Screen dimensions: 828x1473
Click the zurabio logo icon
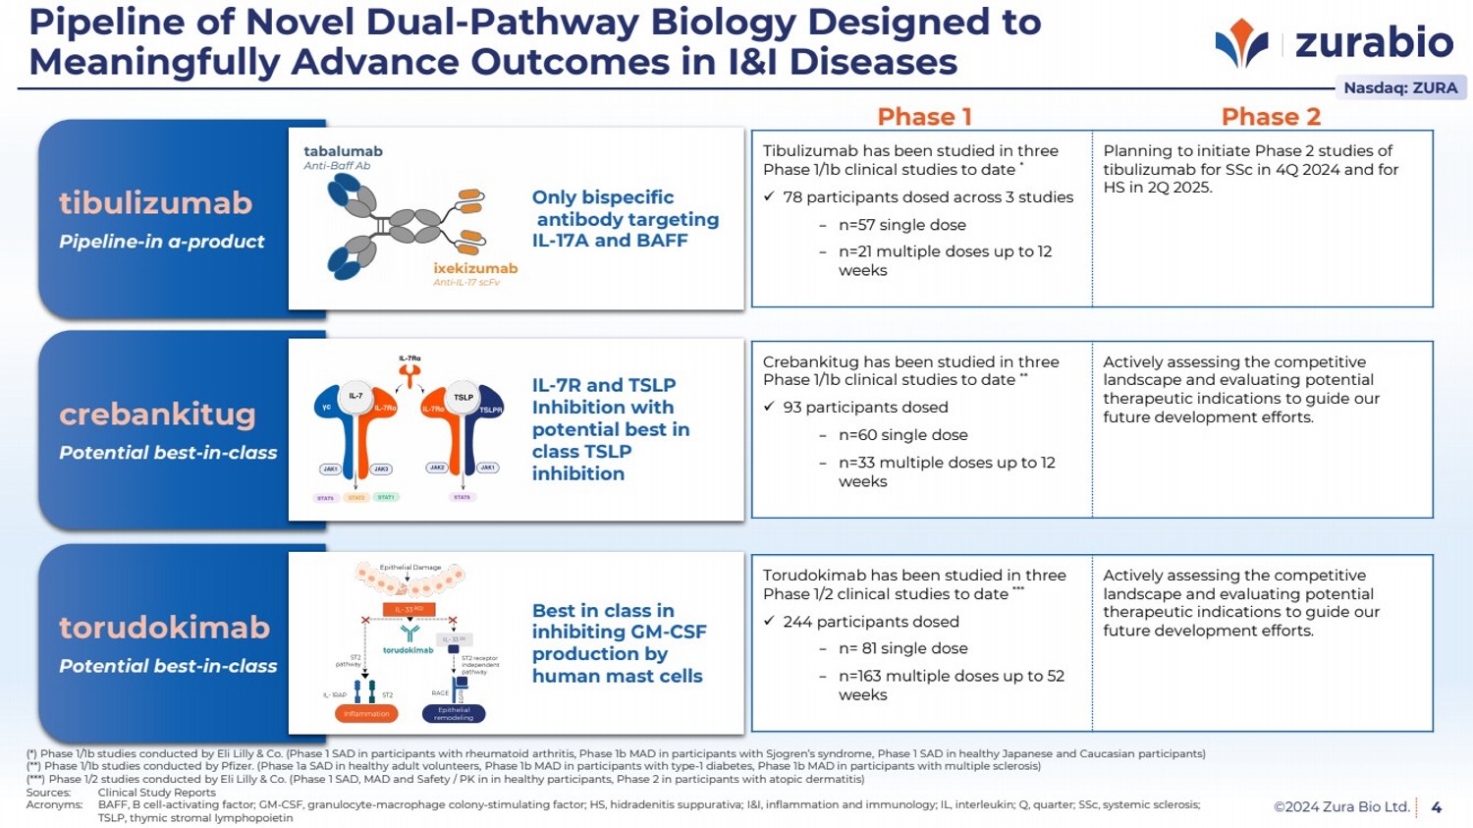coord(1241,43)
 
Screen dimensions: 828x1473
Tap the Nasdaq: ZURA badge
coord(1399,87)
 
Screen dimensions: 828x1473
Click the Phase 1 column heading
coord(924,117)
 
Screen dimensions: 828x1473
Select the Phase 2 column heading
coord(1271,117)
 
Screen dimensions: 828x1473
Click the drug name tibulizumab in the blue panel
coord(156,202)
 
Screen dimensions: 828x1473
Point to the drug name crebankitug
coord(157,414)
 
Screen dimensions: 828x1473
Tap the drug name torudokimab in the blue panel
coord(164,627)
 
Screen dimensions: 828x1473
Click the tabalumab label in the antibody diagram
coord(343,151)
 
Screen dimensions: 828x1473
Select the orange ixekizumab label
coord(475,268)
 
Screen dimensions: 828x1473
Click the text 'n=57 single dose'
coord(901,225)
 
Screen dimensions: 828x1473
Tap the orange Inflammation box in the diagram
coord(366,714)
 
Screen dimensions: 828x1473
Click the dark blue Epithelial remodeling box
coord(454,714)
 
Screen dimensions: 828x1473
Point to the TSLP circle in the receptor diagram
coord(464,397)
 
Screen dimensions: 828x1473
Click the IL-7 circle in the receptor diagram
coord(355,396)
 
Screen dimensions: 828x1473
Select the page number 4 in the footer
coord(1437,807)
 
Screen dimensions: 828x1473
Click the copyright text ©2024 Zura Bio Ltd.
coord(1341,807)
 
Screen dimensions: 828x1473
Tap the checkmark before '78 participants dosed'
coord(769,197)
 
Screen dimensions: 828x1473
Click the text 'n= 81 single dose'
coord(902,648)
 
